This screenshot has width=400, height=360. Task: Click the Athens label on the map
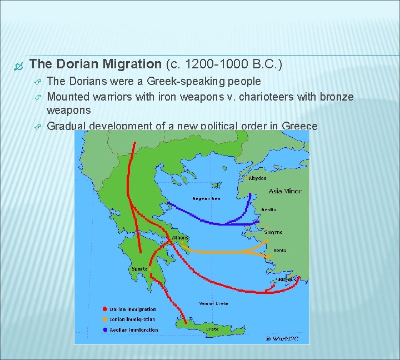(180, 238)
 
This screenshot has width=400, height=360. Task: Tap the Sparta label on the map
(139, 269)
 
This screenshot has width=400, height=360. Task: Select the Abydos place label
(257, 178)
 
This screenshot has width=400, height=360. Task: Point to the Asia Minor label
(285, 191)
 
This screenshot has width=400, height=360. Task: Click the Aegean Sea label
(206, 198)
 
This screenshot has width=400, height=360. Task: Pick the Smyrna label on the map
(273, 232)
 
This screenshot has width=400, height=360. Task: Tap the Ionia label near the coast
(279, 250)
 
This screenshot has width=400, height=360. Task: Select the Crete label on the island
(212, 329)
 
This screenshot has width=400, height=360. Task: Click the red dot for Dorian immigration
(104, 309)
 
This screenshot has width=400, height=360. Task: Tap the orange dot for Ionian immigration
(104, 319)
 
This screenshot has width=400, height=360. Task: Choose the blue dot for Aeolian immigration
(104, 329)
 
